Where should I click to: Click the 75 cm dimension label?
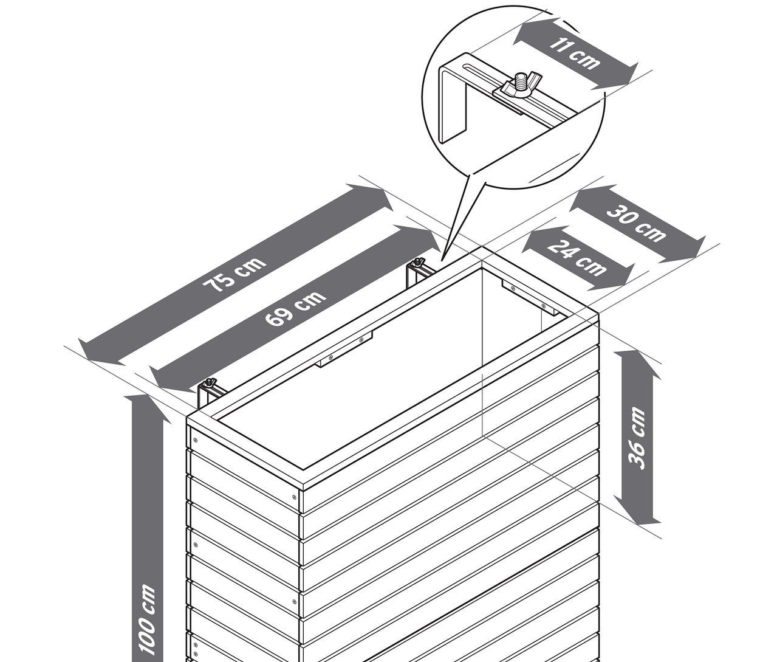pyautogui.click(x=235, y=276)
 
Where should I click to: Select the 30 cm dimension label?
pyautogui.click(x=637, y=223)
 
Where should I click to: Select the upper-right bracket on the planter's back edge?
pyautogui.click(x=418, y=270)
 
